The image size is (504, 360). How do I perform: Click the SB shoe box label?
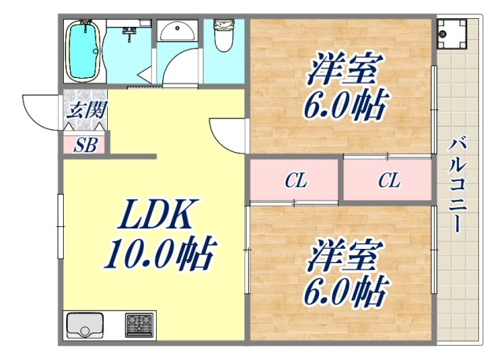click(x=86, y=144)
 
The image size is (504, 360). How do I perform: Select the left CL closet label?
click(x=295, y=181)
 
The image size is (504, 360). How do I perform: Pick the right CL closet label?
click(x=388, y=181)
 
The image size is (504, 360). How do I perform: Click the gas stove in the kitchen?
click(x=139, y=325)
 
